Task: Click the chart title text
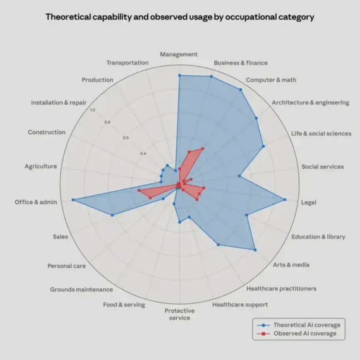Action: [180, 17]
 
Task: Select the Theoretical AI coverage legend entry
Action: [306, 325]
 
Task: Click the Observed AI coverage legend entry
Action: [305, 334]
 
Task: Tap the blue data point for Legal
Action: [285, 200]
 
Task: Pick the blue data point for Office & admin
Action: [73, 200]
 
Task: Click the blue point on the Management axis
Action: [179, 75]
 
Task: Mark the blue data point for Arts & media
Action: [255, 250]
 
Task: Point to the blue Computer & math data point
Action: [240, 89]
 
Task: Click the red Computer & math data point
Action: [203, 148]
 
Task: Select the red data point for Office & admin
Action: [139, 190]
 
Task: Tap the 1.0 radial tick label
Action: [92, 110]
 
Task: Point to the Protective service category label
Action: [179, 314]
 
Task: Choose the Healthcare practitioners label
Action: [281, 288]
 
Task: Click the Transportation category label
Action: [127, 62]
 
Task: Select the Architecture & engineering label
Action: [310, 103]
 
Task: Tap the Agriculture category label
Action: [41, 166]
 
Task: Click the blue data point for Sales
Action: [112, 215]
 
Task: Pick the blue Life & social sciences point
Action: [264, 146]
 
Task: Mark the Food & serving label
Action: [124, 305]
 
